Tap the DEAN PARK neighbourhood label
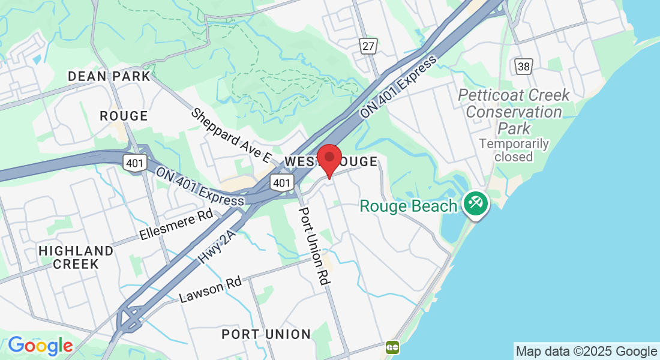tap(109, 76)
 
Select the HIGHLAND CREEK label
tap(76, 257)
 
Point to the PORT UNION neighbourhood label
tap(266, 334)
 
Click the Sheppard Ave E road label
tap(232, 136)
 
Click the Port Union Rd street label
tap(314, 246)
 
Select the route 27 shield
tap(368, 46)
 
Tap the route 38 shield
tap(524, 66)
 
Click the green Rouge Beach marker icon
tap(476, 202)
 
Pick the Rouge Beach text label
tap(408, 206)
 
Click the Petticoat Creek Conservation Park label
tap(514, 112)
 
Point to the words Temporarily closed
tap(514, 150)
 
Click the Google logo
tap(40, 346)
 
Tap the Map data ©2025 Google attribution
tap(587, 352)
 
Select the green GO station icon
tap(393, 346)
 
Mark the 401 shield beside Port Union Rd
tap(281, 182)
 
